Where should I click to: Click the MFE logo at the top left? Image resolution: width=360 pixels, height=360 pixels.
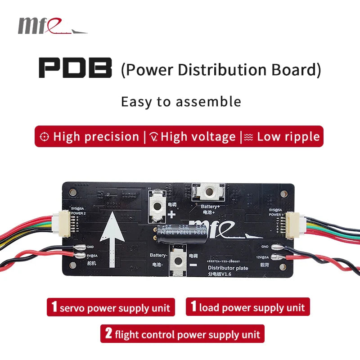pos(52,26)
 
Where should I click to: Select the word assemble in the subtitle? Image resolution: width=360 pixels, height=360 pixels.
pos(209,101)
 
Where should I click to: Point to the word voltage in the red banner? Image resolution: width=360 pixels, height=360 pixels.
pos(213,137)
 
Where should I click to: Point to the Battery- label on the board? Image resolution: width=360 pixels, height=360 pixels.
pos(158,255)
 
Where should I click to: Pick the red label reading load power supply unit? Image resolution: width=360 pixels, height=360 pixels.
pos(247,307)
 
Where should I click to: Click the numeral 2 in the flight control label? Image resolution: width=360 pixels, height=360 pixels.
pos(108,334)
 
